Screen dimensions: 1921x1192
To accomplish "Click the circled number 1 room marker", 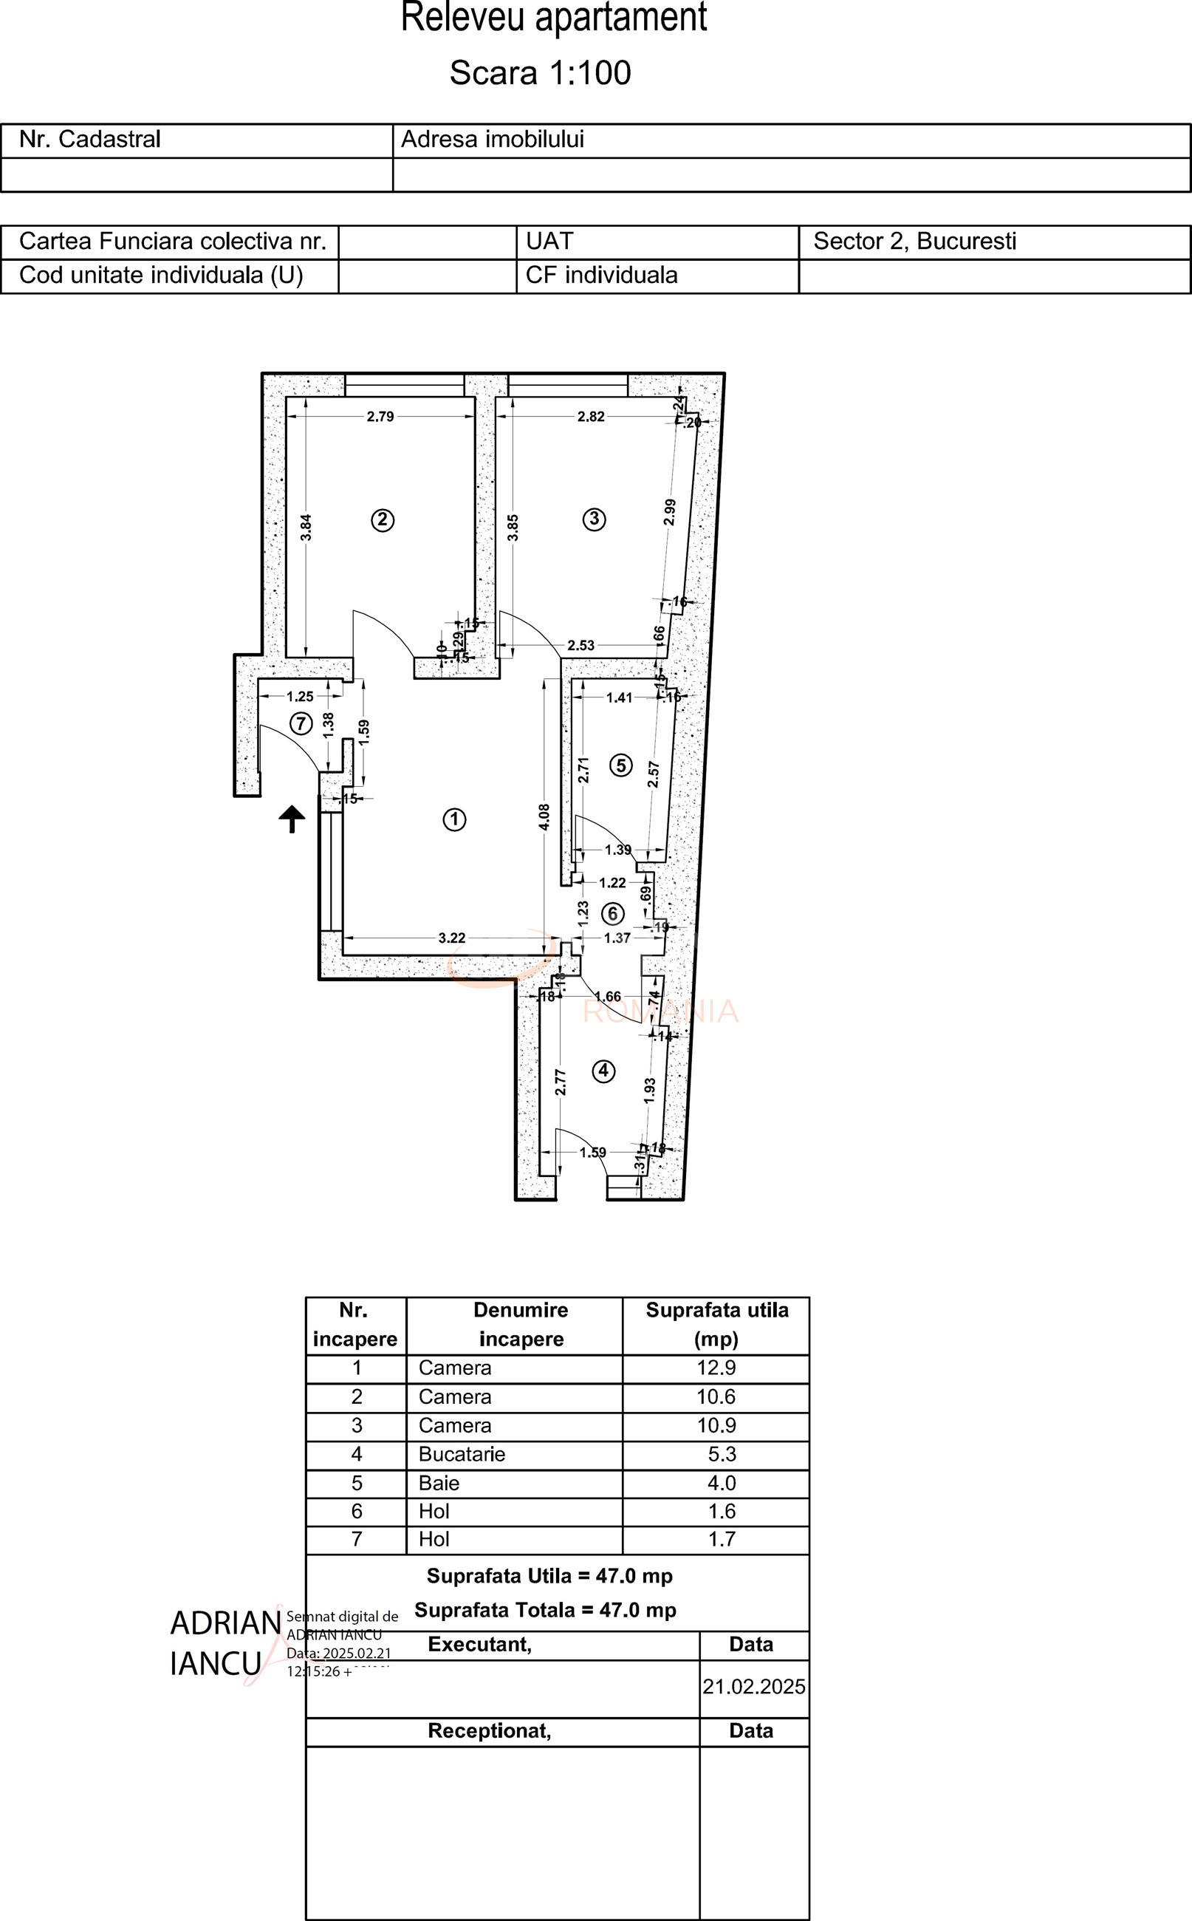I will point(454,819).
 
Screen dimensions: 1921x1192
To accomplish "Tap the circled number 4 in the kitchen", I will point(603,1071).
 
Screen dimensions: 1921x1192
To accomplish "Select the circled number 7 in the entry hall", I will point(301,723).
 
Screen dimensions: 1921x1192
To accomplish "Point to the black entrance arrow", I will point(292,819).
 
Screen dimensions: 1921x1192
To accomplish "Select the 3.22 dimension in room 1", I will point(452,938).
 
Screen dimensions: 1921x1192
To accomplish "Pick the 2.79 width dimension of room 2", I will point(380,417).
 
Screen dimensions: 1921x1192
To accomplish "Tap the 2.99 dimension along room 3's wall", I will point(669,513).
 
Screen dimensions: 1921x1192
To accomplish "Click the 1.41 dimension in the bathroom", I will point(619,697).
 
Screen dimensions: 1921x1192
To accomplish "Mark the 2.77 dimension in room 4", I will point(560,1082).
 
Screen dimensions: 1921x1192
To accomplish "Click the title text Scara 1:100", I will point(540,72).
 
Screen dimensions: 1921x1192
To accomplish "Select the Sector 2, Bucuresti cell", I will point(914,242).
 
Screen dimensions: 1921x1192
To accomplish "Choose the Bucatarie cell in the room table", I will point(462,1454).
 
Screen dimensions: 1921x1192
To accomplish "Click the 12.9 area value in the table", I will point(716,1368).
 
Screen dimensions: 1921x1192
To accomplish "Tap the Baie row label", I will point(439,1484).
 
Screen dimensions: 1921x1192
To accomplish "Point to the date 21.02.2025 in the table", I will point(753,1687).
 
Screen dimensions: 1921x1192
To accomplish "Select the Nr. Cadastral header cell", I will point(90,140).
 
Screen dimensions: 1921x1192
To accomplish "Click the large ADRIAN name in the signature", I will point(225,1624).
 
